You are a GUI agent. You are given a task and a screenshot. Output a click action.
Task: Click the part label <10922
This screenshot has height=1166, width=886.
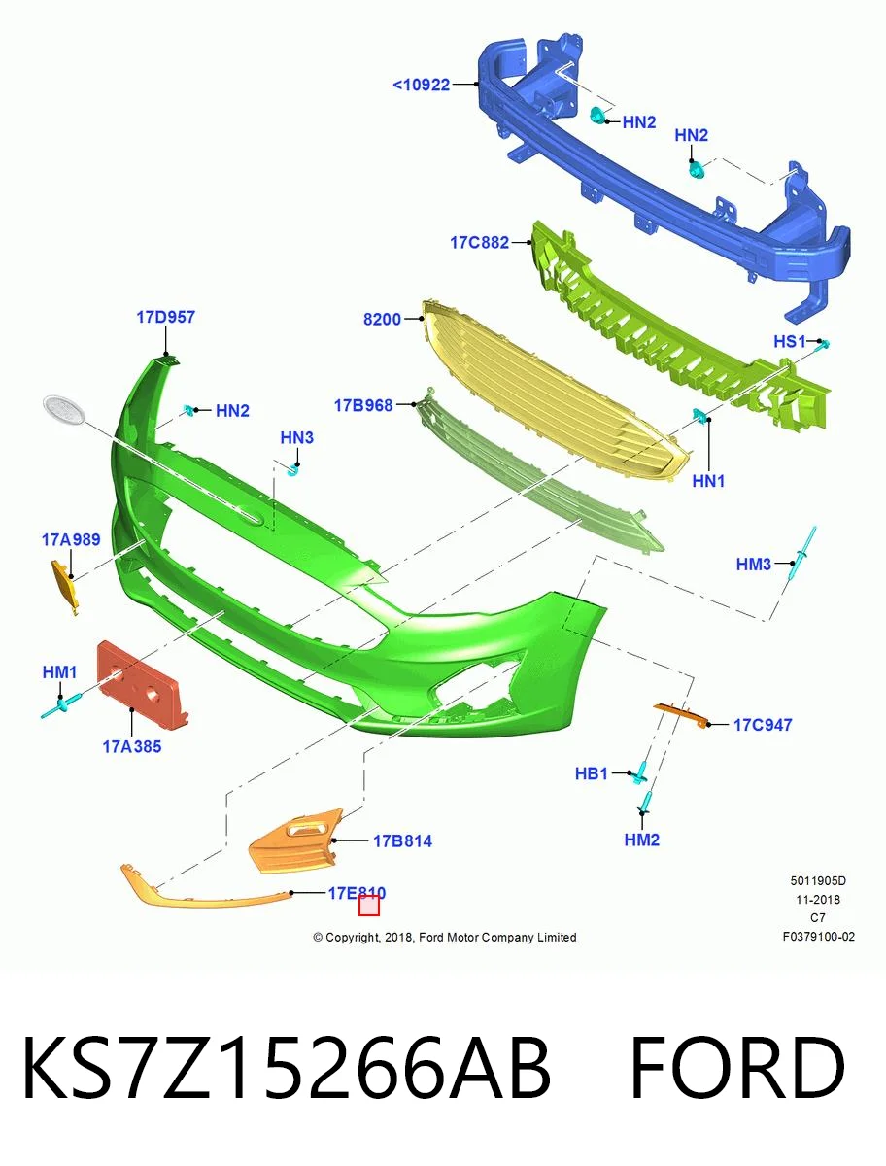pyautogui.click(x=421, y=85)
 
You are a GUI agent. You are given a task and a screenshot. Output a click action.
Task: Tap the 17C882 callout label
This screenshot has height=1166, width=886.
pyautogui.click(x=479, y=243)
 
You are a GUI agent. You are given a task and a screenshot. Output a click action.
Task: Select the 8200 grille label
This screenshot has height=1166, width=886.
pyautogui.click(x=382, y=320)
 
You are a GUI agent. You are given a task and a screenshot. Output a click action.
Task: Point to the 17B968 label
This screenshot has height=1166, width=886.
pyautogui.click(x=363, y=405)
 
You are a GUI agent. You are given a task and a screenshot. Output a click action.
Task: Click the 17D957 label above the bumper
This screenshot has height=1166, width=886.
pyautogui.click(x=165, y=317)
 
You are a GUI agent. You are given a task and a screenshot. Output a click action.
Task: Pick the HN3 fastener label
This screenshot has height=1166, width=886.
pyautogui.click(x=296, y=437)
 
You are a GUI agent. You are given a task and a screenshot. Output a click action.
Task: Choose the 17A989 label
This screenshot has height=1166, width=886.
pyautogui.click(x=71, y=539)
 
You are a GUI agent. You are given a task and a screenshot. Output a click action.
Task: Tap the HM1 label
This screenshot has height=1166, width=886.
pyautogui.click(x=59, y=672)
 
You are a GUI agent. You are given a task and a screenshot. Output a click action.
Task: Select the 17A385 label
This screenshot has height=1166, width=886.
pyautogui.click(x=132, y=747)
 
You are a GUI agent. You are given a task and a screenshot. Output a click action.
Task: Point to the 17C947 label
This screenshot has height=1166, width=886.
pyautogui.click(x=763, y=725)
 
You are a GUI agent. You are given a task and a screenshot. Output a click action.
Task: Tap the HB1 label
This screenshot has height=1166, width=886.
pyautogui.click(x=591, y=773)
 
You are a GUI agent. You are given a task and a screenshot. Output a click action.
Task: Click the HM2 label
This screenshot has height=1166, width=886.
pyautogui.click(x=641, y=840)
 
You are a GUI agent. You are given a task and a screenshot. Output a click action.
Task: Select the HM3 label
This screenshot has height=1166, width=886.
pyautogui.click(x=753, y=564)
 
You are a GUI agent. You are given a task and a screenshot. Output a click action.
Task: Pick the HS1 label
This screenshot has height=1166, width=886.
pyautogui.click(x=790, y=342)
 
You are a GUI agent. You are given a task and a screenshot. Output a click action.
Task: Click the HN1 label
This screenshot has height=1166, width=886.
pyautogui.click(x=708, y=481)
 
